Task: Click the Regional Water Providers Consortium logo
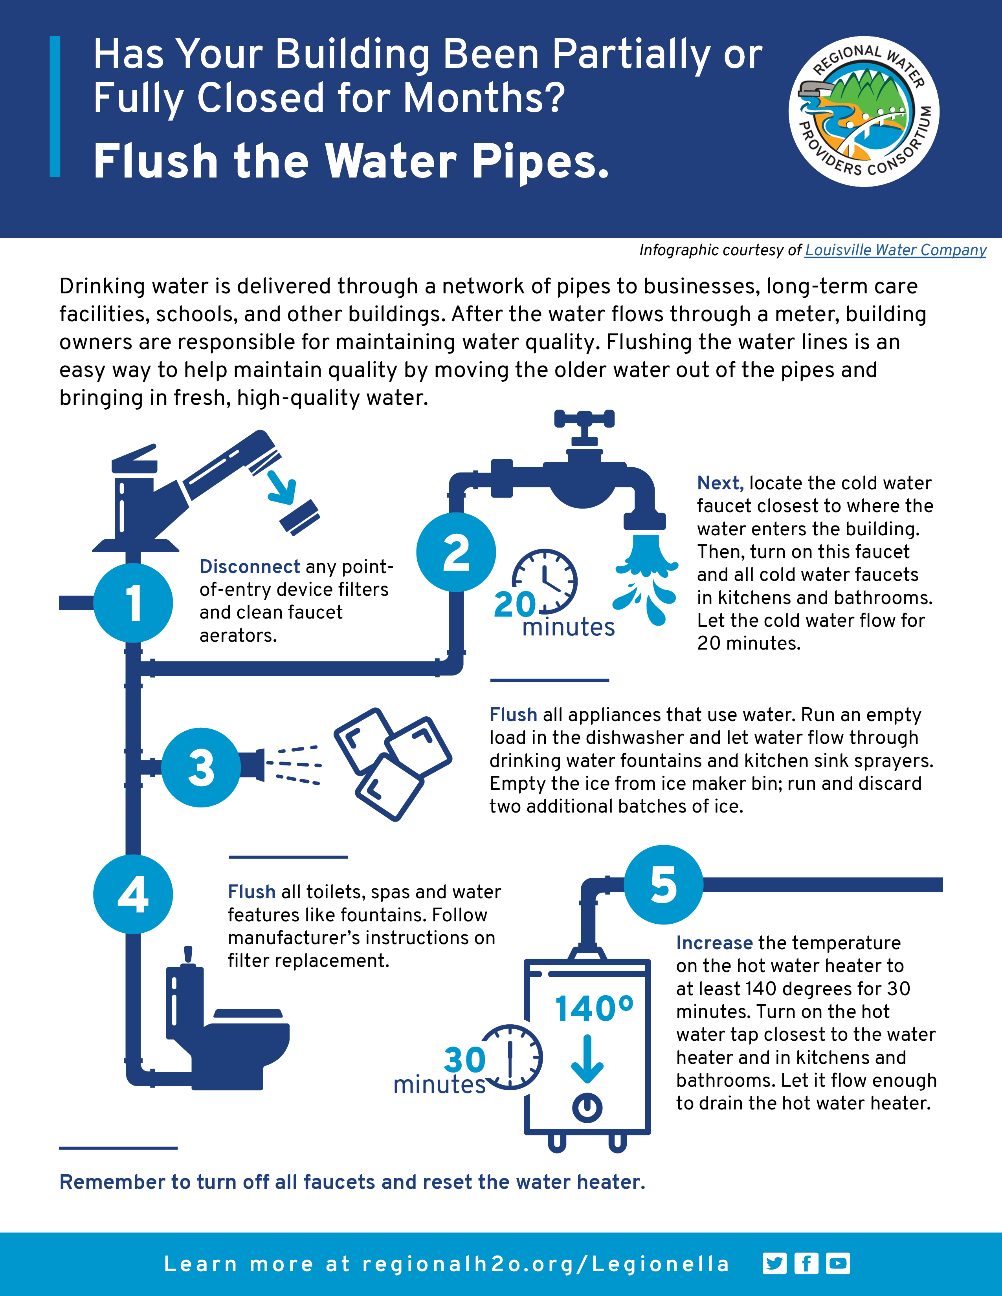[x=863, y=112]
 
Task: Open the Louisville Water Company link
[x=895, y=251]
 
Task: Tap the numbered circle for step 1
[x=133, y=603]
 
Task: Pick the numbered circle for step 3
[x=201, y=767]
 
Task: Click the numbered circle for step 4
[x=133, y=894]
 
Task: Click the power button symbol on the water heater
[x=587, y=1107]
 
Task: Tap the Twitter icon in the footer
[x=774, y=1263]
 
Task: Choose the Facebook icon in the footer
[x=806, y=1263]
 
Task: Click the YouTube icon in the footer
[x=838, y=1263]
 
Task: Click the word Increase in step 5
[x=714, y=943]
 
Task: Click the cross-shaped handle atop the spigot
[x=584, y=419]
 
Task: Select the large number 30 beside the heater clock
[x=465, y=1060]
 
